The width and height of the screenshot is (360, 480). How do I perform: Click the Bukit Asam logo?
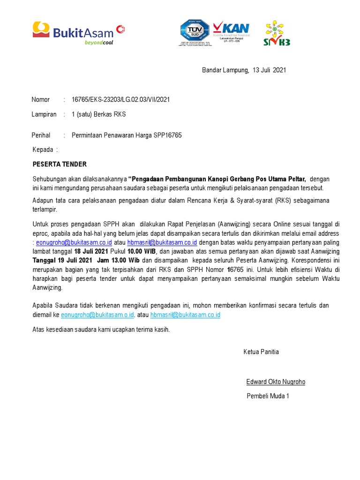click(x=78, y=32)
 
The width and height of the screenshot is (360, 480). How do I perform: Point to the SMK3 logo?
click(x=277, y=33)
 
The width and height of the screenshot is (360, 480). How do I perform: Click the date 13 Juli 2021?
click(x=269, y=70)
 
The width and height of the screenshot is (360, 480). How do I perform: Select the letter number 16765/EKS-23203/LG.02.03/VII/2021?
click(x=120, y=99)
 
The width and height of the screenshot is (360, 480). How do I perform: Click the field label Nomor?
click(x=41, y=99)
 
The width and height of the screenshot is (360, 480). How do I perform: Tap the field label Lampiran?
click(x=44, y=114)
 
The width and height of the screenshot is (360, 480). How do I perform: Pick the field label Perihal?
click(x=41, y=135)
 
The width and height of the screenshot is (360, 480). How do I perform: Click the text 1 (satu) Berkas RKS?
click(x=98, y=114)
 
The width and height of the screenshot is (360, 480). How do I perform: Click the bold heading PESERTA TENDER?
click(x=60, y=165)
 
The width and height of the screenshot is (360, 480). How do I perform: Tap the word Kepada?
click(x=43, y=150)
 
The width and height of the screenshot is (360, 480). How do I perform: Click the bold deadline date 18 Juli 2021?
click(x=91, y=251)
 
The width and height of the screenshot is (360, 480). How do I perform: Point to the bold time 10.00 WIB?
click(x=143, y=251)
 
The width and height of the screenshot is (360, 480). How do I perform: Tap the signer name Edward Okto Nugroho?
click(x=276, y=382)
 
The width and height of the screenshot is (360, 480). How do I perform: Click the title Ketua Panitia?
click(x=261, y=352)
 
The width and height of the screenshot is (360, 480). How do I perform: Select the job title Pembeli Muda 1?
click(x=268, y=396)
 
